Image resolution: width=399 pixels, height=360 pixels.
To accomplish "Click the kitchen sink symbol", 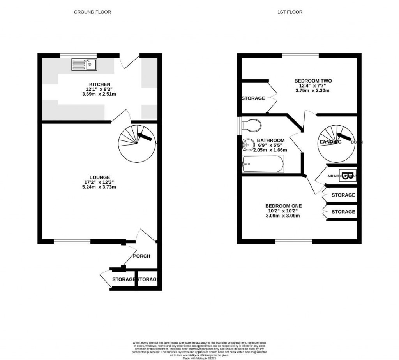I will click(84, 65).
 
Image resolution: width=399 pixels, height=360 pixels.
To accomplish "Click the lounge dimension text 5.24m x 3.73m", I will click(100, 187).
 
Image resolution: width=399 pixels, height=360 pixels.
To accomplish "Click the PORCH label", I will click(141, 256).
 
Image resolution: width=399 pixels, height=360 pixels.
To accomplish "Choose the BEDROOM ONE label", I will click(283, 206).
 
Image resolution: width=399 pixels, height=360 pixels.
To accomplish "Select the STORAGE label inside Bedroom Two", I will click(253, 98).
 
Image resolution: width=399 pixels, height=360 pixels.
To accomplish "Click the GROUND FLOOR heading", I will click(92, 12).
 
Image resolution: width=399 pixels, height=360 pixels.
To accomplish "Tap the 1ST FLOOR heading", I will click(290, 12).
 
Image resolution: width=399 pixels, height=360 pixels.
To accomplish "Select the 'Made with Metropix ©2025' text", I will click(199, 357).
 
